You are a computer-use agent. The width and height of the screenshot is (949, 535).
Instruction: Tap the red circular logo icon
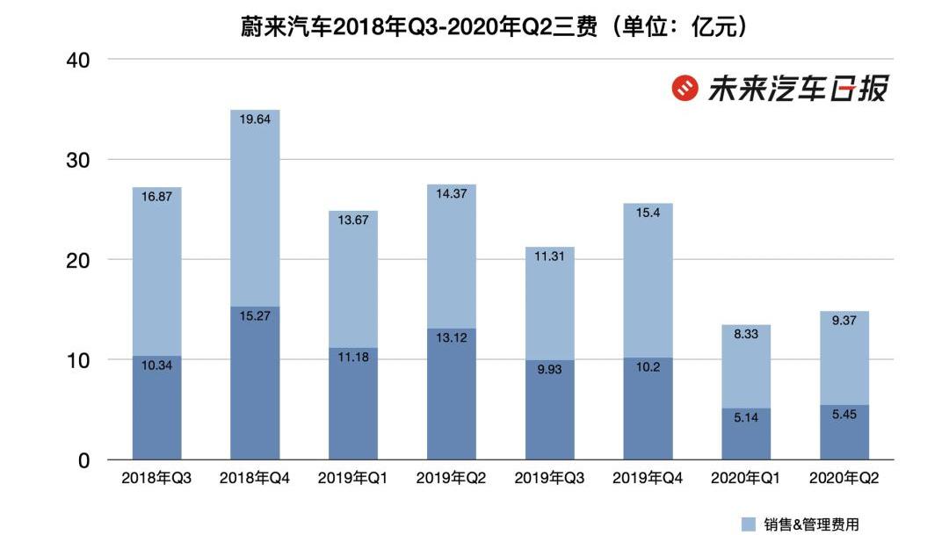[685, 88]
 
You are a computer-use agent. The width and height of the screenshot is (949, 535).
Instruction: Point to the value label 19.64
[255, 121]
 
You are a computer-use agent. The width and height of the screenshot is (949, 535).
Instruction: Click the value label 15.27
[255, 315]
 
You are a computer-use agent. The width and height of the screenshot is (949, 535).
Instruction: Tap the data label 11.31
[550, 258]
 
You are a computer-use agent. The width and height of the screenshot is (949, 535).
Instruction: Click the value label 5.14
[746, 418]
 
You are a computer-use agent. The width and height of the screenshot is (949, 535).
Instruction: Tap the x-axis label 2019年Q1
[352, 479]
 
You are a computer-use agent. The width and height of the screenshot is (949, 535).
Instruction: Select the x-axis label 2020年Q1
[746, 479]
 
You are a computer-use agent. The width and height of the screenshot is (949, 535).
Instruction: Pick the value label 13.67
[353, 221]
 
